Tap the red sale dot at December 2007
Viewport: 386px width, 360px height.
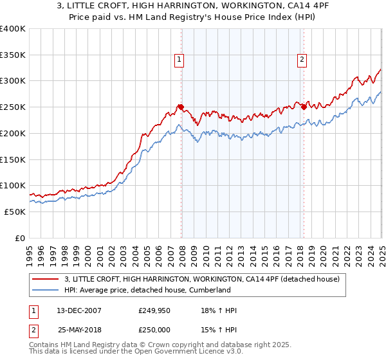coord(181,107)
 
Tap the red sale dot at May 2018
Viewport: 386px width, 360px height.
coord(304,107)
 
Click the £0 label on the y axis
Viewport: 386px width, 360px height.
coord(19,238)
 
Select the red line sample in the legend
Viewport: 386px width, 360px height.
coord(45,279)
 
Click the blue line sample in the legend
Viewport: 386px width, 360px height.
coord(45,290)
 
